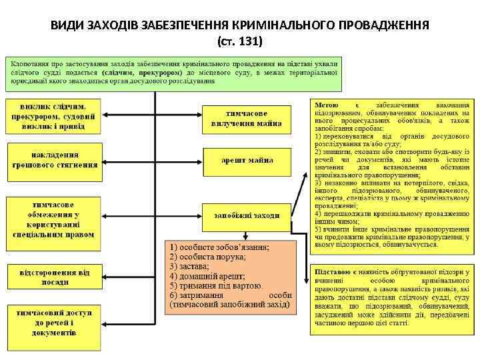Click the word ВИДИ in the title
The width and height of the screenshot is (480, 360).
click(67, 26)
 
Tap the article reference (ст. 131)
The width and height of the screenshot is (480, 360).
click(240, 41)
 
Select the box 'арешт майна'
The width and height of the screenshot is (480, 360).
click(247, 160)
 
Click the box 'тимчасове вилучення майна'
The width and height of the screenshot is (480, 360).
click(247, 118)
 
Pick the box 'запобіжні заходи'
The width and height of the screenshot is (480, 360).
click(247, 215)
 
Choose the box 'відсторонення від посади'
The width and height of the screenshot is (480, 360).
click(55, 277)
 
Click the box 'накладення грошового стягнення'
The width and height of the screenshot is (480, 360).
click(55, 159)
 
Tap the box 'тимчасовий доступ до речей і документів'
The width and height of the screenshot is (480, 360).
click(55, 321)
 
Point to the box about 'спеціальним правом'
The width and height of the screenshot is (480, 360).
click(55, 219)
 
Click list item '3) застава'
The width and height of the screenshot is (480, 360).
click(193, 266)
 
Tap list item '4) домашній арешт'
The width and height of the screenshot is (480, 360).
click(207, 276)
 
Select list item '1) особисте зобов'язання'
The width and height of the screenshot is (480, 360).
click(219, 246)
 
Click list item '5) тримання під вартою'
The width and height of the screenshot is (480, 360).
click(213, 285)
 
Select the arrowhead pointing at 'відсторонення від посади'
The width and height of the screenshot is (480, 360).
click(105, 276)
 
